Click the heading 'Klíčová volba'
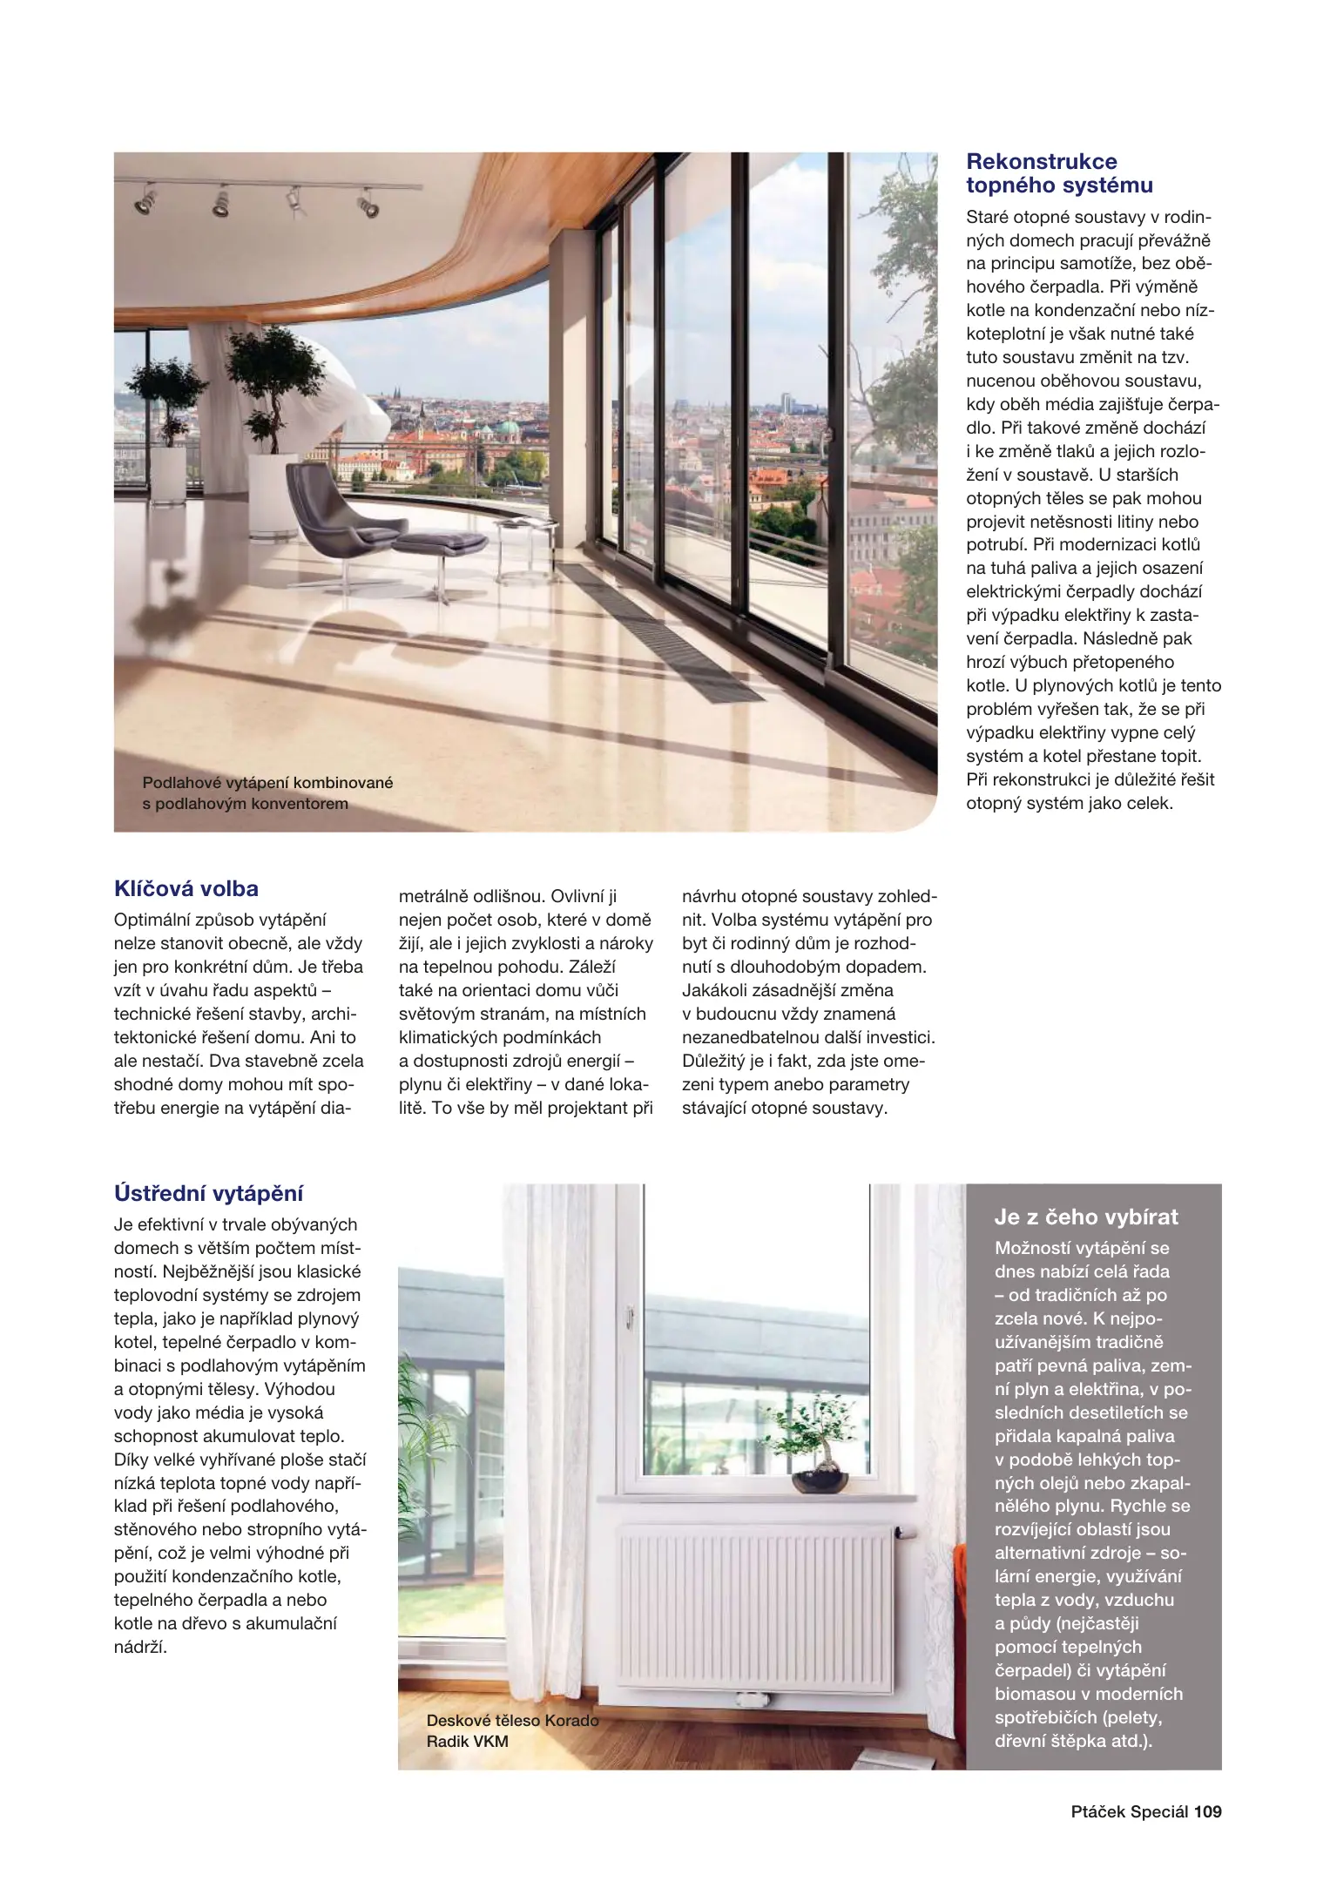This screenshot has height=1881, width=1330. tap(186, 889)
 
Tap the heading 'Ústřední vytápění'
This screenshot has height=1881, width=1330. tap(208, 1193)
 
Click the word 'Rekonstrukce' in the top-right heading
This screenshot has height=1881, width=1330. tap(1041, 161)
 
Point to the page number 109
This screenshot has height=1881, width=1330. tap(1207, 1812)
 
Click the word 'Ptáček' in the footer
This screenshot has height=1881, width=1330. tap(1097, 1812)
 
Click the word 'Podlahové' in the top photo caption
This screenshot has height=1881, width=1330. tap(179, 783)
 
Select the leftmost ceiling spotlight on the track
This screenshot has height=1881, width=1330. tap(145, 203)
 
